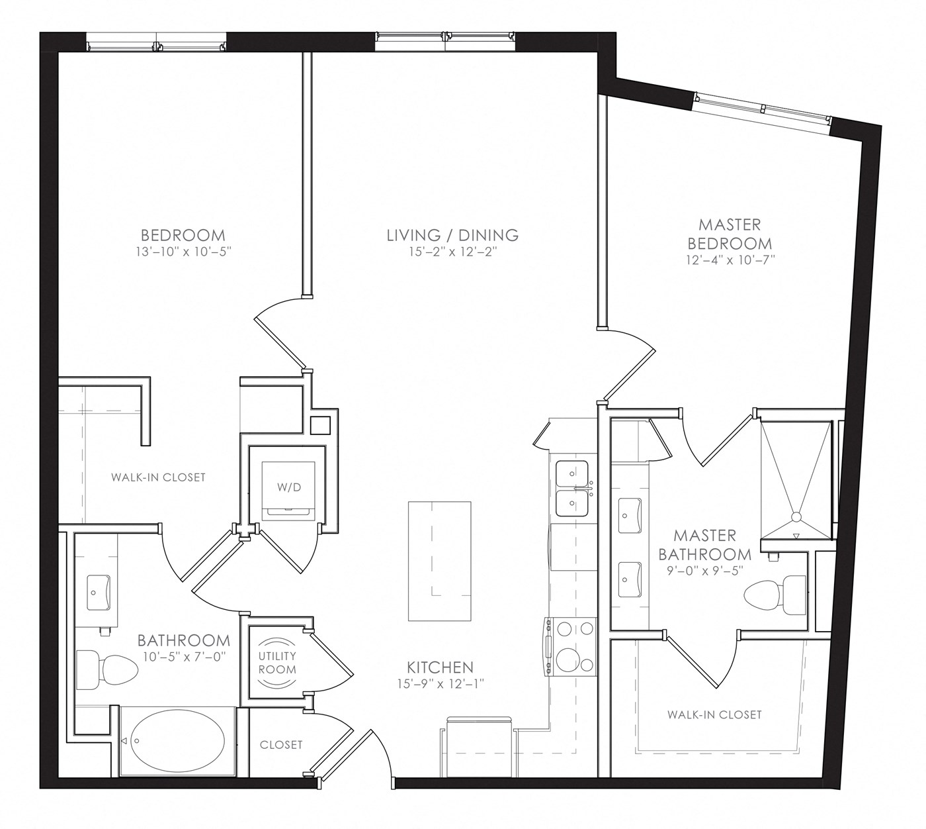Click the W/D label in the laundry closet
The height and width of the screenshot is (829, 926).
289,487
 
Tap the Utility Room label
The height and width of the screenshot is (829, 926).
277,662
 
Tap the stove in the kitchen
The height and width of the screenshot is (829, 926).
570,646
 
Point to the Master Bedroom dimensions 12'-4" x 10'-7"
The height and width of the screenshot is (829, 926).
730,260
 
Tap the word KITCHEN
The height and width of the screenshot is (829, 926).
440,667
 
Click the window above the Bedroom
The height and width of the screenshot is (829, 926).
156,42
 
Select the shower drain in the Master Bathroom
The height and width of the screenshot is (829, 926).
796,517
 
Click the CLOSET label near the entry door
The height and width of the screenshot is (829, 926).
281,745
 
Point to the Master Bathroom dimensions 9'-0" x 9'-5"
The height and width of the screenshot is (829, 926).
704,571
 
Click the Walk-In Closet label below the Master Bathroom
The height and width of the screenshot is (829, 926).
714,714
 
